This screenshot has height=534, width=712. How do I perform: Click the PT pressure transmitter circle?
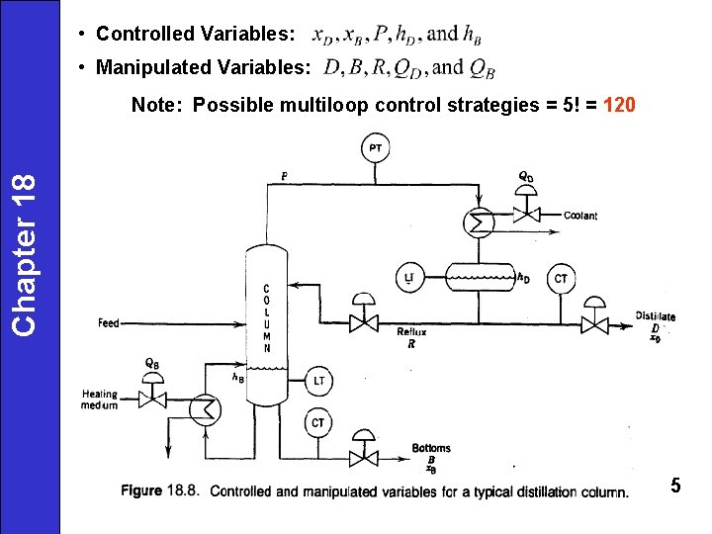(x=376, y=149)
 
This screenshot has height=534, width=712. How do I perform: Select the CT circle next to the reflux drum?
(x=560, y=278)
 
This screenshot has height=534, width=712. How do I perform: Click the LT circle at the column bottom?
(x=318, y=380)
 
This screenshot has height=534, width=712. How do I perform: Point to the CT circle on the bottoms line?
(x=317, y=422)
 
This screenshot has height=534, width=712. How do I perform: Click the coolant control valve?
(x=526, y=214)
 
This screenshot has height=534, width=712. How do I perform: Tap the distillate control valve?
(x=594, y=323)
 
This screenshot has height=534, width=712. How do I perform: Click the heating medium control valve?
(x=152, y=398)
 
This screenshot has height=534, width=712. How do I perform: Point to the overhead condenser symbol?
(x=480, y=222)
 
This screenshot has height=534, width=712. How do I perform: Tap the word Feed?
(x=108, y=323)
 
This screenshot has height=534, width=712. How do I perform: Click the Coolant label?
(x=580, y=216)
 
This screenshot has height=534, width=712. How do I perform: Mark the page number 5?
(x=675, y=485)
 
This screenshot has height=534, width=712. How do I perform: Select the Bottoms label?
(x=431, y=449)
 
